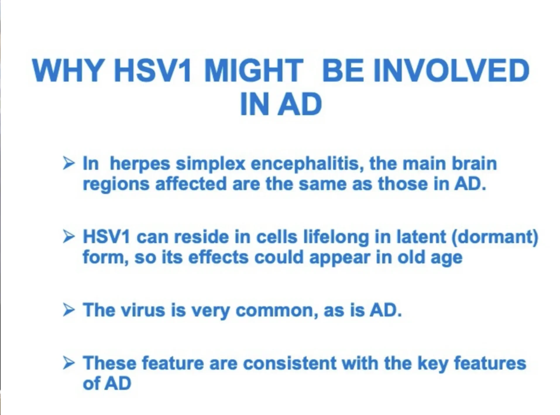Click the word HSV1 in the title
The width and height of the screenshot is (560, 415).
coord(152,71)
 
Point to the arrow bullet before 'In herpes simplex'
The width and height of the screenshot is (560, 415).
coord(69,164)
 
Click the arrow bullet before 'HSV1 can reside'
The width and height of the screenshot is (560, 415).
coord(69,237)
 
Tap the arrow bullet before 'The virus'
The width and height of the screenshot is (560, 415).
coord(69,310)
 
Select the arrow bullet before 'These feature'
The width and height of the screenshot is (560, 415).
coord(69,363)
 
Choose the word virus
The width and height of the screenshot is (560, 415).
coord(143,310)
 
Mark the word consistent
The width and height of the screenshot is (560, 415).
coord(290,363)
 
